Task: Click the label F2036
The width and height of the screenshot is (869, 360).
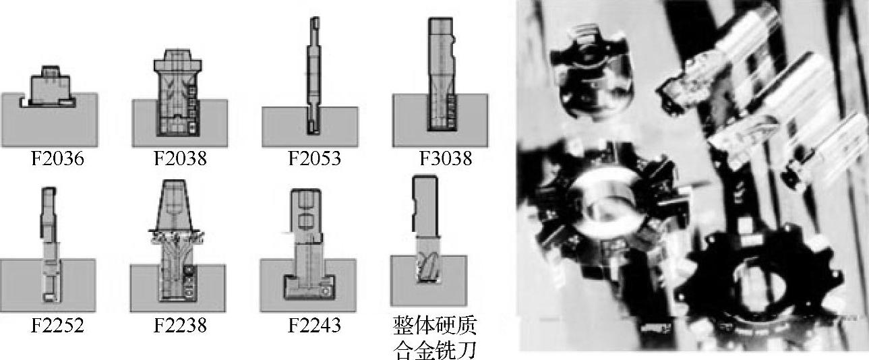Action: (57, 158)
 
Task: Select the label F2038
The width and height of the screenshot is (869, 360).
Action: (181, 158)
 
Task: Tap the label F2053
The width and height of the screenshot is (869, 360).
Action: (314, 158)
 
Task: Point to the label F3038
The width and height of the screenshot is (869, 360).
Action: (446, 158)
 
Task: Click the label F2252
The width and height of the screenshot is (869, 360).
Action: (57, 325)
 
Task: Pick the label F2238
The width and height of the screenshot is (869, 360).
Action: (181, 325)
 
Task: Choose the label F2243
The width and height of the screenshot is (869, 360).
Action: (314, 325)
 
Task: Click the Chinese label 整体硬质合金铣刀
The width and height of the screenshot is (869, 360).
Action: (434, 337)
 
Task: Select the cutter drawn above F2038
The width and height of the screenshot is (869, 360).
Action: (178, 93)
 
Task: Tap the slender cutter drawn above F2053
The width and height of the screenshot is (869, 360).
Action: (314, 76)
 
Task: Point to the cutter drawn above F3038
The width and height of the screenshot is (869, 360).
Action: (441, 73)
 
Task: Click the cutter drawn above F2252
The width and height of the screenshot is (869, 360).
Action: (50, 245)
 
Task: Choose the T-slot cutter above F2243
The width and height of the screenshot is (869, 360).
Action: (308, 245)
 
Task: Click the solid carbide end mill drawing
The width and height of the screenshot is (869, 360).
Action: (426, 229)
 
